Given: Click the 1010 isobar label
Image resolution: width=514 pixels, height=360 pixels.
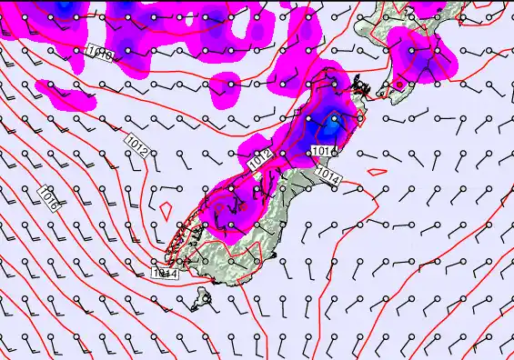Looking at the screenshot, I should (x=101, y=55).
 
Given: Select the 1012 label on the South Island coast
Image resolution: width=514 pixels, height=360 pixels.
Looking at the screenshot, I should (x=260, y=161).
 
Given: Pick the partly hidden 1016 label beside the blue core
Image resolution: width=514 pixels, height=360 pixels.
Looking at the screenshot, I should (x=322, y=150).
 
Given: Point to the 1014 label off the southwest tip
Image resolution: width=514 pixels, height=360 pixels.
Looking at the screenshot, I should (x=164, y=272).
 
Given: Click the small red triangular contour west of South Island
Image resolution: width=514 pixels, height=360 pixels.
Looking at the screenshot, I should (x=166, y=208).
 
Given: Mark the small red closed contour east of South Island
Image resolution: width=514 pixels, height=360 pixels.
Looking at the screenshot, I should (x=377, y=170).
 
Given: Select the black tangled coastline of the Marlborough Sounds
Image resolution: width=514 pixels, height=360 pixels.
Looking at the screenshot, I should (x=362, y=89).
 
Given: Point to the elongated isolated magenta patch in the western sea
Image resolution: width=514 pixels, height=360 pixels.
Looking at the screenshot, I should (x=66, y=93).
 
